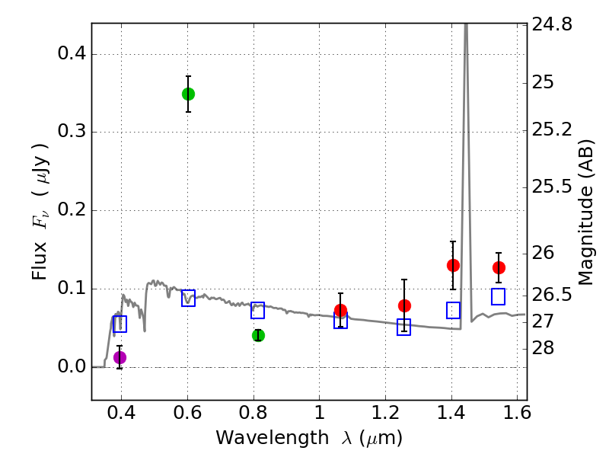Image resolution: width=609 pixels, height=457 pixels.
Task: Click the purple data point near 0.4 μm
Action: [120, 357]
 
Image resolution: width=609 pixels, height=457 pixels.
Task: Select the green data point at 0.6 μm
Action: [188, 94]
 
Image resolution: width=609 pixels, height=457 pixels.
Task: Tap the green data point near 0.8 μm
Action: [258, 335]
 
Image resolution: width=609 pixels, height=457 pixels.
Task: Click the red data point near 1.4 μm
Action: [453, 265]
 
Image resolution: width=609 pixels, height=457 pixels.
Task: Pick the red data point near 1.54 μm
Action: [499, 267]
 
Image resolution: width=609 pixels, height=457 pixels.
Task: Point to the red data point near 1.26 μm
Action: [404, 305]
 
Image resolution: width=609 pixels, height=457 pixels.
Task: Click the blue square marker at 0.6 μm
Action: [188, 298]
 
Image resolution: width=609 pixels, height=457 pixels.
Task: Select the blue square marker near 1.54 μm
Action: [499, 296]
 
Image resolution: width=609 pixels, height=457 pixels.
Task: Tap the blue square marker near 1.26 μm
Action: [403, 327]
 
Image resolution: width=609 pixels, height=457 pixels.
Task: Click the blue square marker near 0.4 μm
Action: [120, 324]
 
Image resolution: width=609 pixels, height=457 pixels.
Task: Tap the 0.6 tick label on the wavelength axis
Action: [187, 415]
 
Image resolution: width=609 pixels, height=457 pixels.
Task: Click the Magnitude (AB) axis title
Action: [586, 212]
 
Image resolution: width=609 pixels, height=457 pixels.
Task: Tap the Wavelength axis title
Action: [308, 438]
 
